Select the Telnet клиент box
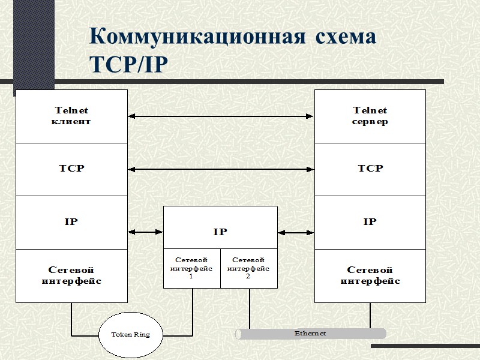(72, 116)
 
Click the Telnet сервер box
(370, 116)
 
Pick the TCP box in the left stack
(72, 169)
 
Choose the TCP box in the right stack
(370, 169)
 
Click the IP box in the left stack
(72, 222)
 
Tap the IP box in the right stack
(370, 222)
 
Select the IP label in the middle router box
(220, 232)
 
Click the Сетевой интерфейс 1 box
(191, 268)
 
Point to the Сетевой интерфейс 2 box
(248, 268)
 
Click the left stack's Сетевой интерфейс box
(72, 276)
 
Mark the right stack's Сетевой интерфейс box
(370, 276)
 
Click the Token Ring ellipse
(130, 334)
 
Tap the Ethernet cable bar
(310, 334)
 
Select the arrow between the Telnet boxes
(221, 116)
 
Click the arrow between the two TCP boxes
(221, 169)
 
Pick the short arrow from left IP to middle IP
(145, 232)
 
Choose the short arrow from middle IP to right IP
(296, 232)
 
